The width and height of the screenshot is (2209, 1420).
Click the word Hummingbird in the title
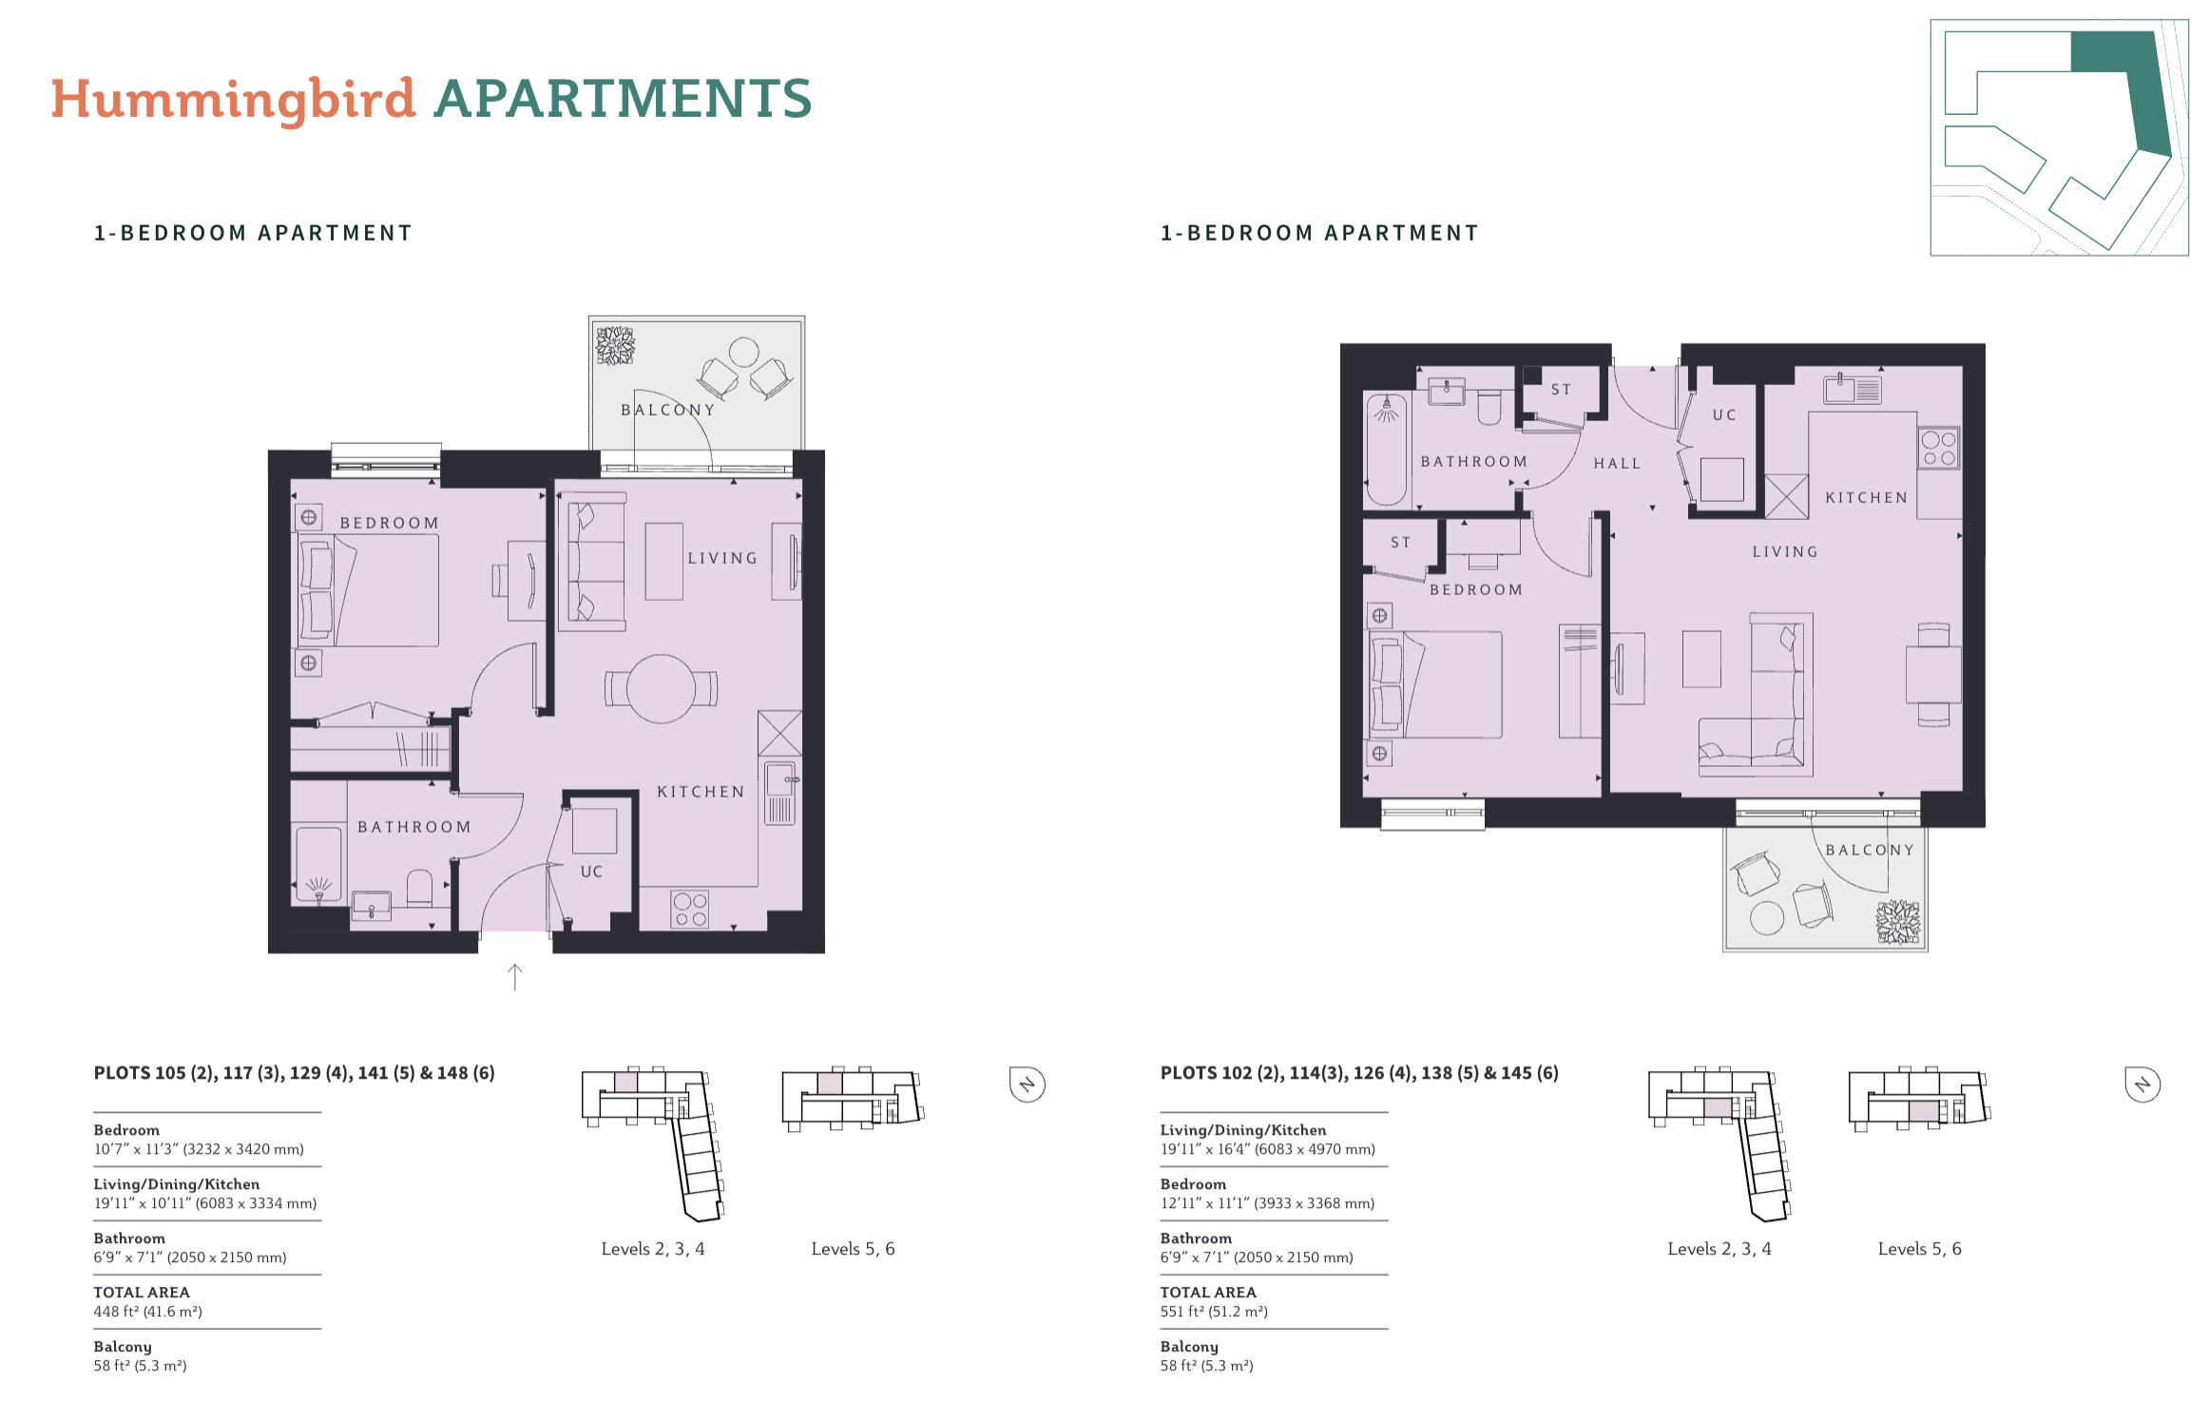[234, 99]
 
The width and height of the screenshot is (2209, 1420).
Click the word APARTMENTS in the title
[623, 99]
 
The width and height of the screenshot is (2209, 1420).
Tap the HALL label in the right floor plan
[1617, 464]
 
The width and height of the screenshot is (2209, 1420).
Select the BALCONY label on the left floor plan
[668, 410]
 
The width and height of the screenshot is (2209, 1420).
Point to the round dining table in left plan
[661, 689]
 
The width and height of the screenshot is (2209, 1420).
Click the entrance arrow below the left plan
[515, 977]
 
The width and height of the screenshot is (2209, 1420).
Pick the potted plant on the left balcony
[615, 345]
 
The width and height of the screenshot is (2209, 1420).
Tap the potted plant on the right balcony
[1897, 922]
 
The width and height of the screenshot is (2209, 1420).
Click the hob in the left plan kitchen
[690, 909]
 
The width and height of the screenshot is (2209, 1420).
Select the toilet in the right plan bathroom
[1489, 407]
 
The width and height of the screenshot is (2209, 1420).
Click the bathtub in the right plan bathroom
[1386, 449]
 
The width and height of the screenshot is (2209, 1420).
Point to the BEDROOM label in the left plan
[390, 523]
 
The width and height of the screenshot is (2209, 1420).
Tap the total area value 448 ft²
[147, 1312]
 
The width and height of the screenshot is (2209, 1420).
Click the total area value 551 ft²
[1214, 1312]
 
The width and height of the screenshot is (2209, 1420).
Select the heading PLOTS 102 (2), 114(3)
[1255, 1073]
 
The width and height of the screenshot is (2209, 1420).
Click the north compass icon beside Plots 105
[1028, 1084]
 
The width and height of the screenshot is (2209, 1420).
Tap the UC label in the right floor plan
[1724, 415]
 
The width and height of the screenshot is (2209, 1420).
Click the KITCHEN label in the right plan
[1867, 498]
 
